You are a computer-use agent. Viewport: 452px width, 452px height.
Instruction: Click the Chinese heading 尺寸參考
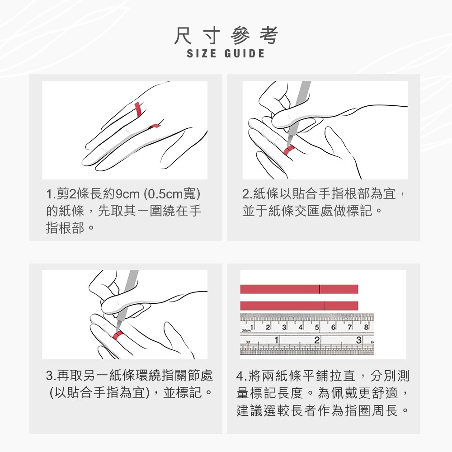[226, 35]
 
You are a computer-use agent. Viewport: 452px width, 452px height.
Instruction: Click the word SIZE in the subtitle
[202, 54]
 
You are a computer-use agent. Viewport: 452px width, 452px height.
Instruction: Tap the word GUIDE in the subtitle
[245, 54]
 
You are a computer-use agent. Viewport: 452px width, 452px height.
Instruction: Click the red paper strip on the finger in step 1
[138, 109]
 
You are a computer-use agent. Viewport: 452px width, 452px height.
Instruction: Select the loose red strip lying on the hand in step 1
[154, 126]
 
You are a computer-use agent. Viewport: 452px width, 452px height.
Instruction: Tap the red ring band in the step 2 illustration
[289, 150]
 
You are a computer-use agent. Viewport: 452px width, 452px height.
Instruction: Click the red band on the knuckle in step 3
[118, 335]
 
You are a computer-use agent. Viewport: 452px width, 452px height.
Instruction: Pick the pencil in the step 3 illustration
[127, 300]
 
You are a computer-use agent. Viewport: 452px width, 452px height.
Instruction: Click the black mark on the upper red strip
[320, 289]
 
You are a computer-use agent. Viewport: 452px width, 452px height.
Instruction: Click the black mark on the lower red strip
[324, 306]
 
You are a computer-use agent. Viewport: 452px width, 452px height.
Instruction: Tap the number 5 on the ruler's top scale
[317, 327]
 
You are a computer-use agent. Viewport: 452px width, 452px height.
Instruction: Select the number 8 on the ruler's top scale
[366, 327]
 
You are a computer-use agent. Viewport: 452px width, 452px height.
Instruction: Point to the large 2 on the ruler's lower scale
[317, 340]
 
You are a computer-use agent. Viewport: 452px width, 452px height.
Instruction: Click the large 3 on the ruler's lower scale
[358, 340]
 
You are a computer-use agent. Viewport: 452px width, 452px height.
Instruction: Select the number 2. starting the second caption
[247, 194]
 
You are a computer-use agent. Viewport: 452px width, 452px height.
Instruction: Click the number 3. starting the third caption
[51, 375]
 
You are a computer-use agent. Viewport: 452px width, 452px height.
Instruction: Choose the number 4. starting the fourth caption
[241, 376]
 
